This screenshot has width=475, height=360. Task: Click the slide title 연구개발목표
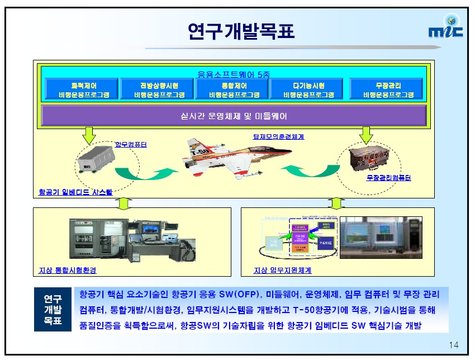pos(241,31)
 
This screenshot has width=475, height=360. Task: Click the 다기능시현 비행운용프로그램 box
pos(308,90)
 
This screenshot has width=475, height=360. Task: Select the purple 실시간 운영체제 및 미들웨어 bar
pos(234,116)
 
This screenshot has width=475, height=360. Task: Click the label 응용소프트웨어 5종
pos(234,73)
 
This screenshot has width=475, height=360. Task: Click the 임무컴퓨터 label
pos(130,145)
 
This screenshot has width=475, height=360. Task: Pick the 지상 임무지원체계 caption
pos(282,271)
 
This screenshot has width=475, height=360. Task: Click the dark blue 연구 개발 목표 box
pos(53,310)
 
